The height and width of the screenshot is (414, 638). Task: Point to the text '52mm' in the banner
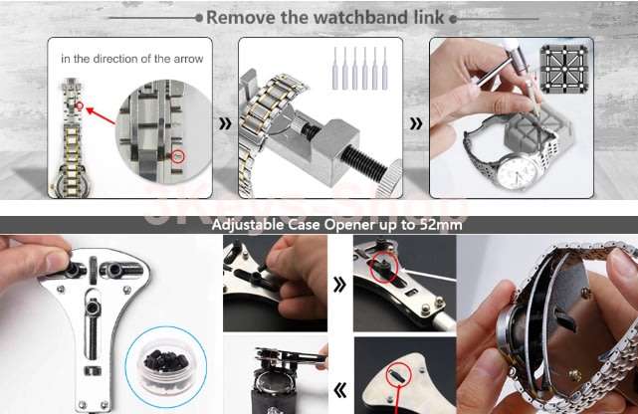point(439,225)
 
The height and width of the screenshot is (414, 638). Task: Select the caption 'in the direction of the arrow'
point(132,59)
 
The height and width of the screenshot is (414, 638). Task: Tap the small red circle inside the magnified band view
point(177,156)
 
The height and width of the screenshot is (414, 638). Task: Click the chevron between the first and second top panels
point(225,124)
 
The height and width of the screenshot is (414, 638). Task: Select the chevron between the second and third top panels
point(416,124)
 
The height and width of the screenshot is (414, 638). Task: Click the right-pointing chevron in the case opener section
point(339,285)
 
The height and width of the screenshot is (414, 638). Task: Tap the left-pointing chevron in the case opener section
point(339,390)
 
